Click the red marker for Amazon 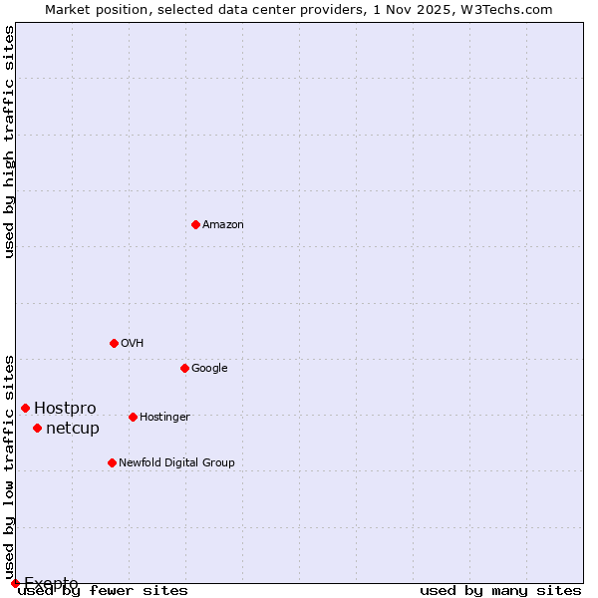(x=195, y=224)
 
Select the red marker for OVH (x=114, y=343)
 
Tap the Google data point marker (x=184, y=368)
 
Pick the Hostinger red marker (x=133, y=417)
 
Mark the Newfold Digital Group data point (x=112, y=462)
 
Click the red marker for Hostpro (x=25, y=408)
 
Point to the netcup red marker (x=37, y=428)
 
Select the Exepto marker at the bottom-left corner (x=15, y=583)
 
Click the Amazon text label (x=223, y=225)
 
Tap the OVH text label (x=133, y=344)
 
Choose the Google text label (x=209, y=369)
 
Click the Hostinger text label (x=164, y=418)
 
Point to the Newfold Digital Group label (x=176, y=463)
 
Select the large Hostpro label (x=65, y=409)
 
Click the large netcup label (x=73, y=429)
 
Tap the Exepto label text (x=51, y=583)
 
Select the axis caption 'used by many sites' (x=500, y=591)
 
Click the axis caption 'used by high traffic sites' (x=9, y=142)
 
